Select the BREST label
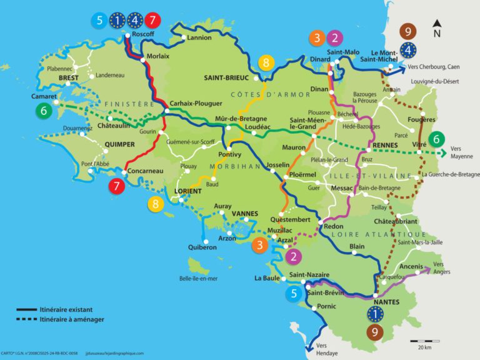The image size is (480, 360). pos(69,78)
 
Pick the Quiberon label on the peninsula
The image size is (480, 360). pos(201,247)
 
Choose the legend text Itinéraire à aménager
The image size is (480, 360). pos(72,319)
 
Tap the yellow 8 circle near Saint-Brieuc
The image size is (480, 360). pos(266,62)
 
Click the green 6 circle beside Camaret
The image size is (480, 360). pos(43,111)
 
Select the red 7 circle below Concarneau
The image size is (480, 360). pos(116,186)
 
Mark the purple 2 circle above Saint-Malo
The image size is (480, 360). pos(335,37)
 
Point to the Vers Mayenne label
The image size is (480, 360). pos(462,153)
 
